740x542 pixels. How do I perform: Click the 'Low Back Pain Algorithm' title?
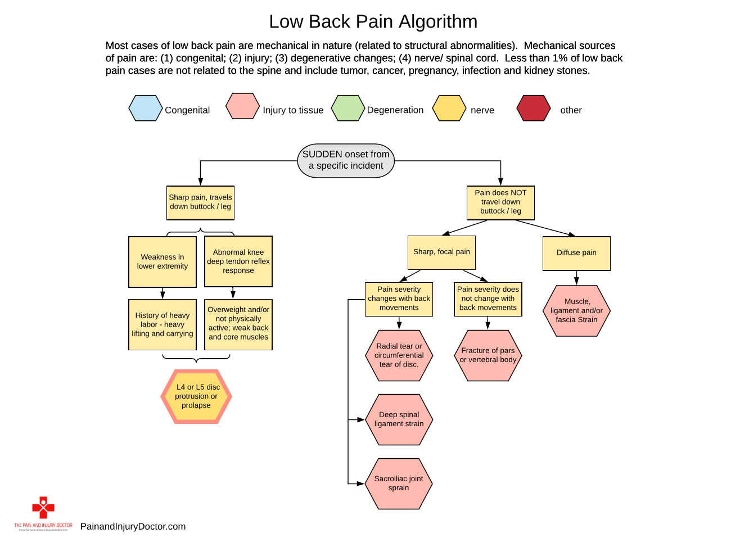click(373, 22)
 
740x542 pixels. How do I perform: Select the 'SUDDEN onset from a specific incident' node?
click(346, 160)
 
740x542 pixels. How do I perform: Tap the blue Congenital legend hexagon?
click(146, 109)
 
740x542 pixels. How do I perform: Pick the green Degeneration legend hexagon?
click(348, 109)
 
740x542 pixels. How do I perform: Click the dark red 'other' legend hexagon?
click(533, 109)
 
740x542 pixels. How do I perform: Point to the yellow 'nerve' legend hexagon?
click(449, 109)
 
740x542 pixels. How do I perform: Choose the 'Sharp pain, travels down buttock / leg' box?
click(200, 202)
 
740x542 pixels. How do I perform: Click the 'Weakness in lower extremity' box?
click(163, 262)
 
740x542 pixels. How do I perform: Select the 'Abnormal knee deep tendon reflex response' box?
click(238, 262)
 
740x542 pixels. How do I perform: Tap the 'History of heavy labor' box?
click(163, 324)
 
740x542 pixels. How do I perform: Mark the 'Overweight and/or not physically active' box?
click(238, 324)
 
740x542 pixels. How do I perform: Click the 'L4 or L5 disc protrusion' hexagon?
click(196, 396)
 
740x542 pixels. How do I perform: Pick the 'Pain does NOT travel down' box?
click(500, 202)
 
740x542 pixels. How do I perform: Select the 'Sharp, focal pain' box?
click(441, 252)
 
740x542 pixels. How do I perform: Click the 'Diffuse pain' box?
click(576, 253)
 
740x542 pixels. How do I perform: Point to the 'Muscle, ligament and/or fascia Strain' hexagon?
click(576, 311)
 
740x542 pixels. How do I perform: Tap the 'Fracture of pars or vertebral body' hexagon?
click(488, 355)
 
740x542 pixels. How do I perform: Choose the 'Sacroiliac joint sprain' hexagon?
click(399, 484)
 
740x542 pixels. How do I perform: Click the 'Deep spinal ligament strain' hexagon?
click(399, 419)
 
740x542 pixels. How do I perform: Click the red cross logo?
click(43, 508)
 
